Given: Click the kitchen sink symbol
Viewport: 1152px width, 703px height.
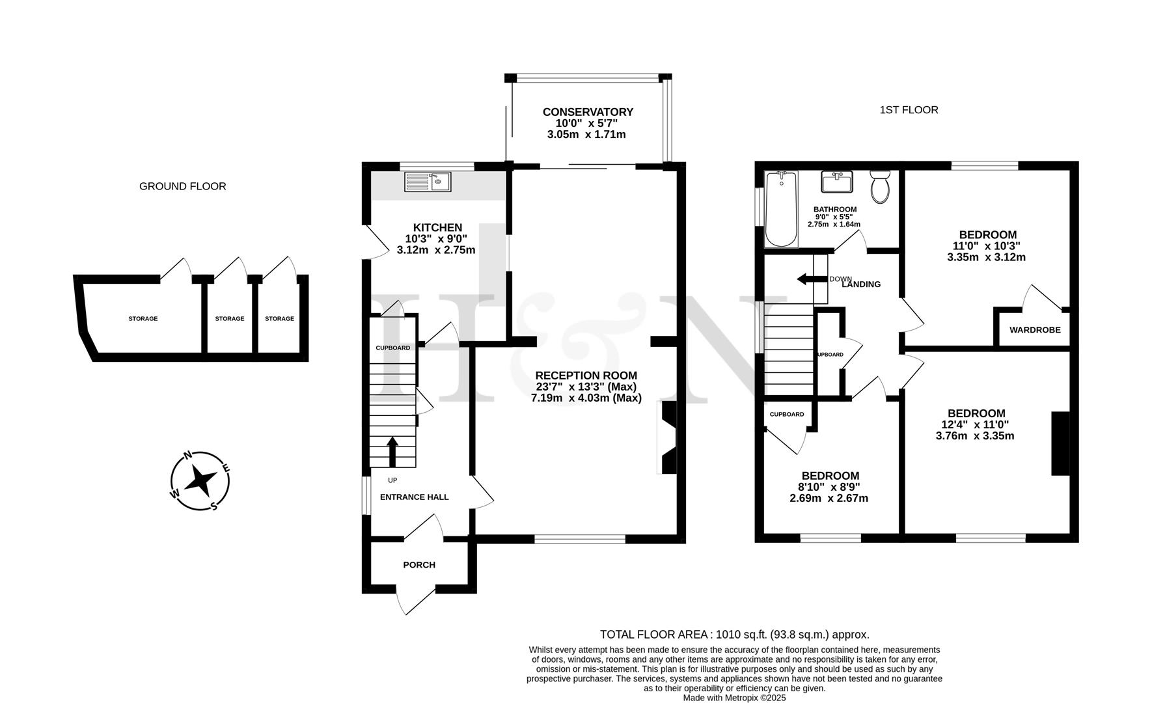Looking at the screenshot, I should click(x=427, y=182).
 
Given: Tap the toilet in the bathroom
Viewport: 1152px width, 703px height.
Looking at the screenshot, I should click(x=879, y=187).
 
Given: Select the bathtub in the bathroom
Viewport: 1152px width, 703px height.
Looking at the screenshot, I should click(x=782, y=210).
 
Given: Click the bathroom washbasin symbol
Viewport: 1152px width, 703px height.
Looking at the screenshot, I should click(x=836, y=182).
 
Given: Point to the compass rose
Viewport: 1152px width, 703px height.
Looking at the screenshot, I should click(x=200, y=481).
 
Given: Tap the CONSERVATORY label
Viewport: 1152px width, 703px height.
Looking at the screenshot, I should click(x=588, y=112).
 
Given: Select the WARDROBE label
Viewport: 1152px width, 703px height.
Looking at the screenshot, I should click(x=1035, y=330).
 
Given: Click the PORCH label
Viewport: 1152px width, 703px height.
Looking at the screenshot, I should click(x=419, y=564).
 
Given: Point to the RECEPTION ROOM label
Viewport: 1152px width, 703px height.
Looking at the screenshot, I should click(x=586, y=375).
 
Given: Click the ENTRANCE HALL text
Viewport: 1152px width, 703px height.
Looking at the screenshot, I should click(x=414, y=497).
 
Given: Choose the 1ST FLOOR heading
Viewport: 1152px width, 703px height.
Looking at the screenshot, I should click(x=909, y=110).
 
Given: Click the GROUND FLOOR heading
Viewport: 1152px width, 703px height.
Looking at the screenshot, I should click(x=183, y=186).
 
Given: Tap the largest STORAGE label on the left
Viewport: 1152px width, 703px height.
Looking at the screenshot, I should click(x=143, y=319).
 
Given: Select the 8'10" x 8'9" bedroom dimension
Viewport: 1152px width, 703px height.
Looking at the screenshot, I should click(x=829, y=487).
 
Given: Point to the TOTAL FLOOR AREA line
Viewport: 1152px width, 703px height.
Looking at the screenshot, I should click(x=734, y=634).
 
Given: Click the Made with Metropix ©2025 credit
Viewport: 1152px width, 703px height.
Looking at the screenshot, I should click(x=734, y=697).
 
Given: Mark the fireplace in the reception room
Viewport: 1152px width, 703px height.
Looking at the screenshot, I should click(x=668, y=436).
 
